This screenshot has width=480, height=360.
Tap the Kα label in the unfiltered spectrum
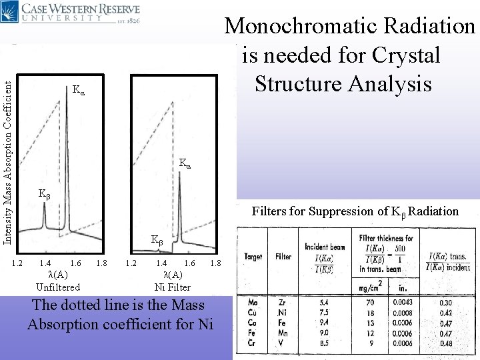(x=79, y=89)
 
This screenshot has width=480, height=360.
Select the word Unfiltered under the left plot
(x=58, y=287)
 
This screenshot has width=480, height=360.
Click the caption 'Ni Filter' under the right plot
(x=172, y=287)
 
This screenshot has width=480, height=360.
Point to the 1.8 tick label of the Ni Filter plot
(x=215, y=264)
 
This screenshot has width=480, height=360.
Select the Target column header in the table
(x=254, y=255)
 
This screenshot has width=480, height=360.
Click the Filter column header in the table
(x=284, y=255)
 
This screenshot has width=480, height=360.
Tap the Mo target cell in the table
(x=253, y=303)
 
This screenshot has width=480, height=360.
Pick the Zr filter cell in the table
(x=283, y=303)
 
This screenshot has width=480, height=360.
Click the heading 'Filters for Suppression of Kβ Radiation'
(x=355, y=211)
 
